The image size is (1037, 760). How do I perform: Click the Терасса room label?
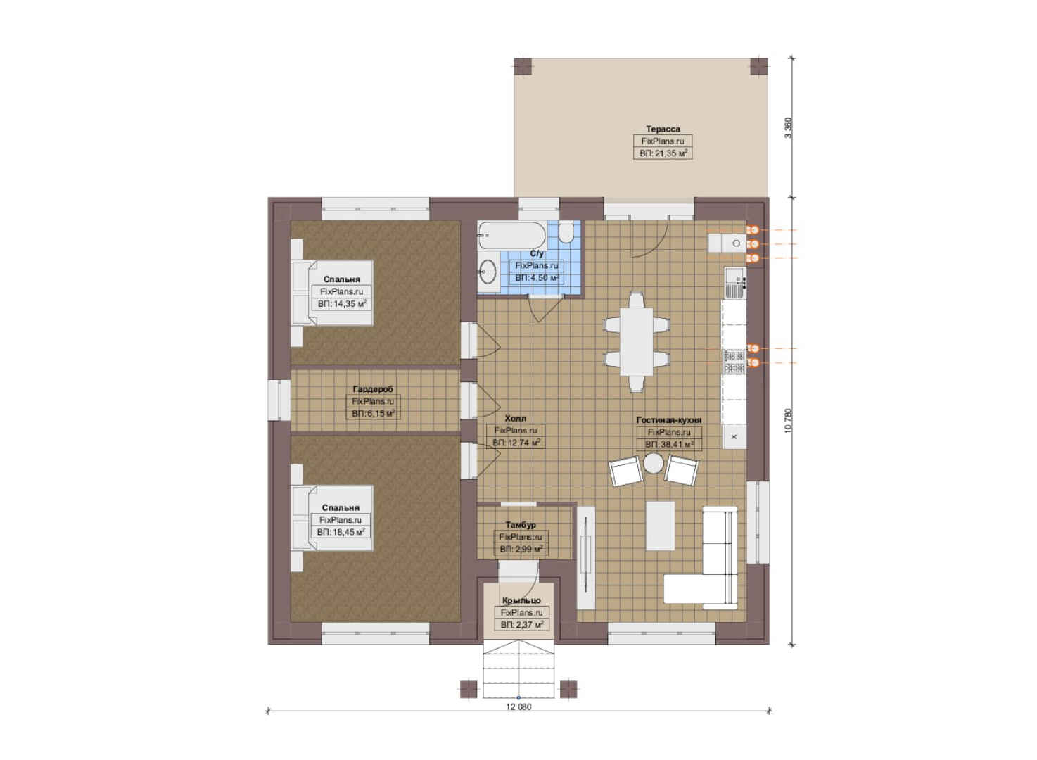tap(663, 129)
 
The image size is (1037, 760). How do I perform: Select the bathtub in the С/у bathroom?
tap(512, 235)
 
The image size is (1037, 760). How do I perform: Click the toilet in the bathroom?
tap(566, 232)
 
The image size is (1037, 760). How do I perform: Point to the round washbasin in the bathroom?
tap(488, 271)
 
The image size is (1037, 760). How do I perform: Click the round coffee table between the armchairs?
tap(654, 463)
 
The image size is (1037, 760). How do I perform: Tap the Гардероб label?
tap(373, 389)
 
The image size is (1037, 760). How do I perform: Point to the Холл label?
tap(515, 418)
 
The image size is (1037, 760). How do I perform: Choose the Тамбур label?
tap(521, 525)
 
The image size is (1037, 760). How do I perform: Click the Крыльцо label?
tap(521, 601)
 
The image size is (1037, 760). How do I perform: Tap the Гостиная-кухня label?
tap(669, 420)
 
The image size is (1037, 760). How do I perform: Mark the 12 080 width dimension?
tap(518, 707)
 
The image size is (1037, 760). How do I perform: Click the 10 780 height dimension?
tap(789, 421)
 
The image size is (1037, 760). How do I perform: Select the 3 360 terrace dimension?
tap(789, 127)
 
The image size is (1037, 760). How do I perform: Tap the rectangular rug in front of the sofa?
tap(660, 526)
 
